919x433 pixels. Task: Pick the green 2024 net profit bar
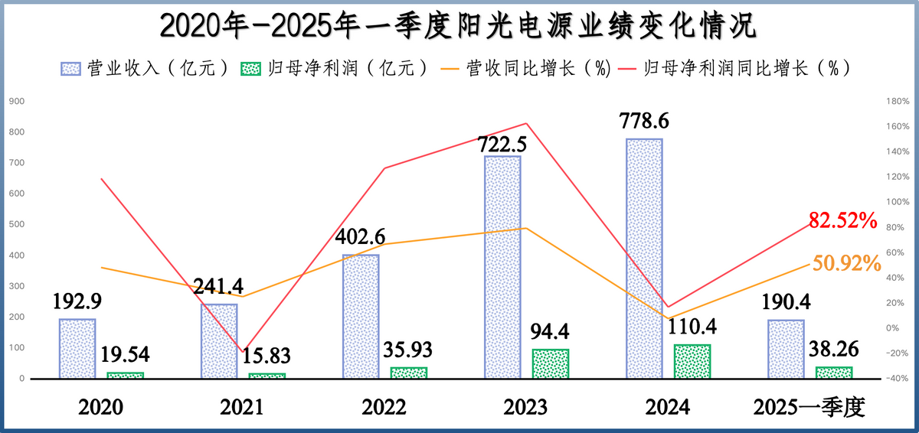pos(692,361)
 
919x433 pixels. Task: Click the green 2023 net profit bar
pos(550,363)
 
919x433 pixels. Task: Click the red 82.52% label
pos(842,222)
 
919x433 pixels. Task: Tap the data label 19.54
pos(123,354)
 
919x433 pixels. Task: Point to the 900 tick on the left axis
pos(16,101)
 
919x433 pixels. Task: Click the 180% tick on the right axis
pos(897,101)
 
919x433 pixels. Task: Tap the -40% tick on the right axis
pos(897,379)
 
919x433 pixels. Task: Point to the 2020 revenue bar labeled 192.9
pos(77,348)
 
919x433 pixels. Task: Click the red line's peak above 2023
pos(526,123)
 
